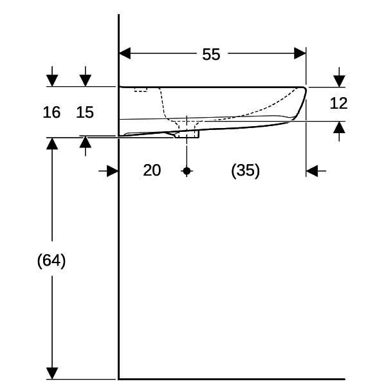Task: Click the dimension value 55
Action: tap(211, 55)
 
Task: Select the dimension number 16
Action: tap(51, 112)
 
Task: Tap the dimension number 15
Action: tap(85, 112)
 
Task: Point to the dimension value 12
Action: tap(338, 103)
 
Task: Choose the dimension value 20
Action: tap(152, 170)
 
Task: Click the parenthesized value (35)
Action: tap(246, 170)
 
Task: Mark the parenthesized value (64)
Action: tap(51, 261)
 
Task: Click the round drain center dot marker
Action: tap(187, 171)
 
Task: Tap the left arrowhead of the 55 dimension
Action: tap(125, 53)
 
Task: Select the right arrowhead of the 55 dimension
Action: tap(300, 53)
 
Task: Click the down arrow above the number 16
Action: tap(52, 77)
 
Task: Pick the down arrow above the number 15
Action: tap(86, 77)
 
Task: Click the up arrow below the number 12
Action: tap(339, 131)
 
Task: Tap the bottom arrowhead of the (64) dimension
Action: tap(52, 373)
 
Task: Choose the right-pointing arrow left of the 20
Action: tap(108, 171)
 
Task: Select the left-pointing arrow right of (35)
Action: tap(316, 171)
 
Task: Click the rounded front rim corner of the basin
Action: tap(305, 89)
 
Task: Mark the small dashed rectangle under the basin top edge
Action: tap(140, 89)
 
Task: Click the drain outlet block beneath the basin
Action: tap(187, 134)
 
